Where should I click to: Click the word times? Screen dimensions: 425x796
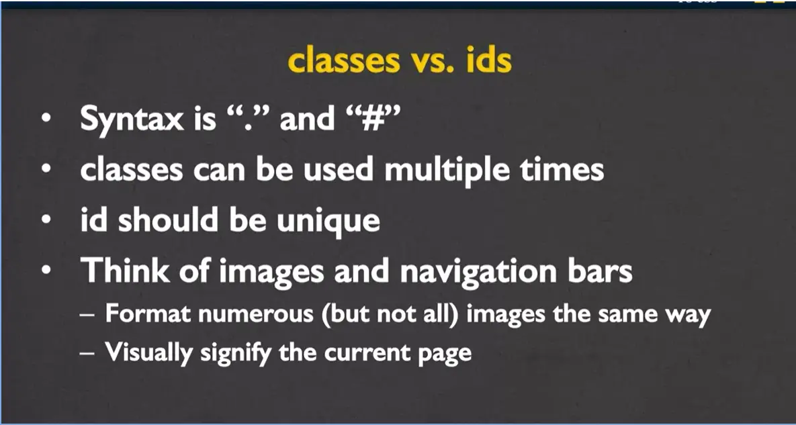click(562, 169)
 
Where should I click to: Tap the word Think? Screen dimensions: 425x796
click(124, 271)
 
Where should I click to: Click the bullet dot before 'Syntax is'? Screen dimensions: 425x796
click(46, 120)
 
